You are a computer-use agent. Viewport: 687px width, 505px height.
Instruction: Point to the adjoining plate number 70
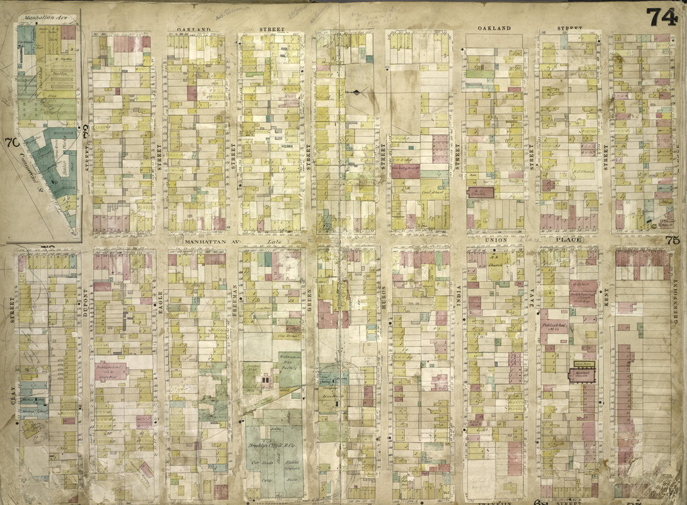(x=10, y=142)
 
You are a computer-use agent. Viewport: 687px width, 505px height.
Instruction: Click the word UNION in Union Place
(x=493, y=239)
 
